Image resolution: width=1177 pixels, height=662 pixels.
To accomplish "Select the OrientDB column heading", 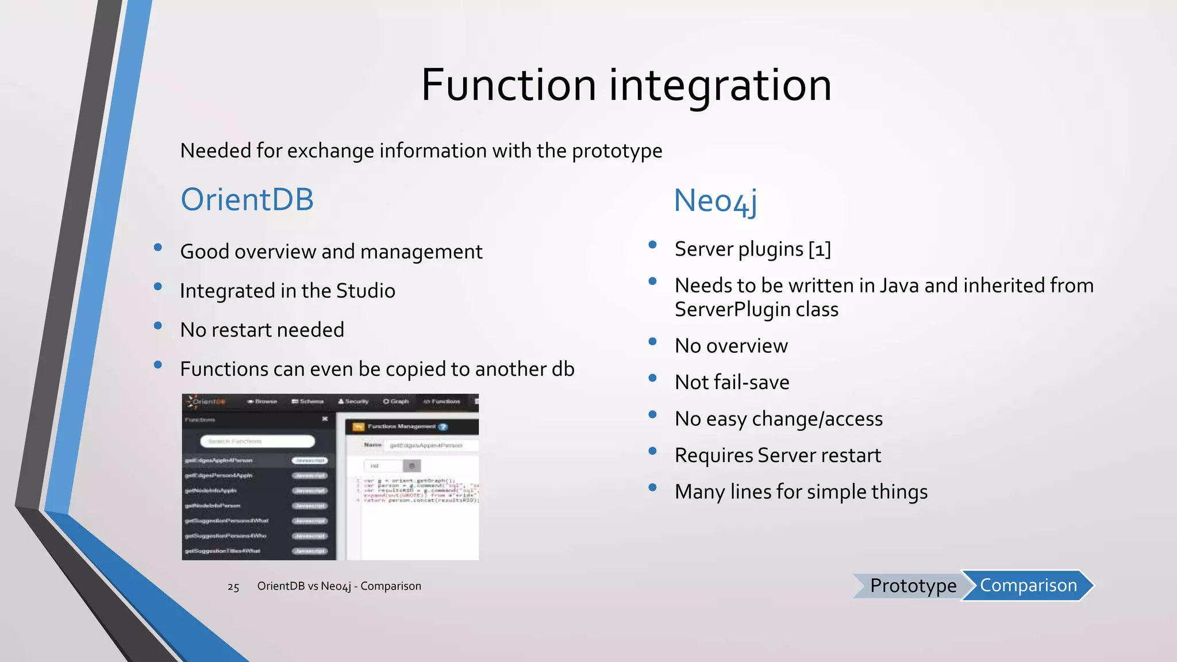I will click(247, 199).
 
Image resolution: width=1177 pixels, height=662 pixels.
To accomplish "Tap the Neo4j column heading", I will click(715, 201).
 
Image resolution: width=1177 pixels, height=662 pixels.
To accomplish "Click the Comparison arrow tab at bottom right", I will click(1028, 585).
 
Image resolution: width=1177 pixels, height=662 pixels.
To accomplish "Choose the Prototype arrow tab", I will click(912, 586).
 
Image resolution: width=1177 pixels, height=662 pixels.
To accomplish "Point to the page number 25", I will click(233, 587).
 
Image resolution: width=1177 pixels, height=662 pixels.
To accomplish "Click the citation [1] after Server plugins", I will click(820, 249).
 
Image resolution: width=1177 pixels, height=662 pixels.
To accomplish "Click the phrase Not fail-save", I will click(732, 382).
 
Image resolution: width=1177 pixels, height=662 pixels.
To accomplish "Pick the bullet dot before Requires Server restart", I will click(652, 451).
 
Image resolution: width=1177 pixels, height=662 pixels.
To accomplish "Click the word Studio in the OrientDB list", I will click(366, 291).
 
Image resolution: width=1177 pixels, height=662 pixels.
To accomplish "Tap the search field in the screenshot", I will click(257, 441).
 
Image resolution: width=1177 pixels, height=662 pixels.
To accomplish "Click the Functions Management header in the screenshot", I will click(401, 426).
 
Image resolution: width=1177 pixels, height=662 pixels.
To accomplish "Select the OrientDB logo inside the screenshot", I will click(205, 401).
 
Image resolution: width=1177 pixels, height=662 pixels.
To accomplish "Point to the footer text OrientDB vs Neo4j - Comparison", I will click(339, 586).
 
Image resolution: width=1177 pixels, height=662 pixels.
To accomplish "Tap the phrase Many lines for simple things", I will click(801, 492).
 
